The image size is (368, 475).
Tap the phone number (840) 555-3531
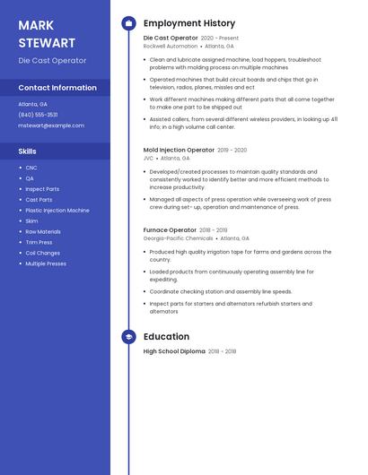[x=38, y=115]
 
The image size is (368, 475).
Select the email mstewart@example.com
[x=51, y=125]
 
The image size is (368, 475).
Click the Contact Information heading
[x=57, y=88]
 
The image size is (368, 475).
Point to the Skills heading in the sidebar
[x=28, y=151]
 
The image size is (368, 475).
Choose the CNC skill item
[x=31, y=168]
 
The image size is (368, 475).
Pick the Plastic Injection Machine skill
[x=57, y=211]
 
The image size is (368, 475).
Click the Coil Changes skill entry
[x=42, y=253]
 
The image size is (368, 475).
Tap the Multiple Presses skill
[x=46, y=263]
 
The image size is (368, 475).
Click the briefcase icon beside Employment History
[x=129, y=23]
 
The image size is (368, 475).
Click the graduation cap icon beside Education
[x=129, y=337]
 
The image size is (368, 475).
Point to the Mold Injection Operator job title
[x=179, y=150]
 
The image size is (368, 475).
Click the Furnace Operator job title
[x=170, y=230]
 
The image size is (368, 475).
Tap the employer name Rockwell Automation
[x=170, y=46]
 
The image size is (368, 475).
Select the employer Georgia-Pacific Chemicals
[x=178, y=238]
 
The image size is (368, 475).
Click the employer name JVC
[x=148, y=158]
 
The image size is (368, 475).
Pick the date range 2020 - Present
[x=220, y=39]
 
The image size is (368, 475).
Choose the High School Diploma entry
[x=174, y=351]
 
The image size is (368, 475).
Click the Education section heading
[x=166, y=337]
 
